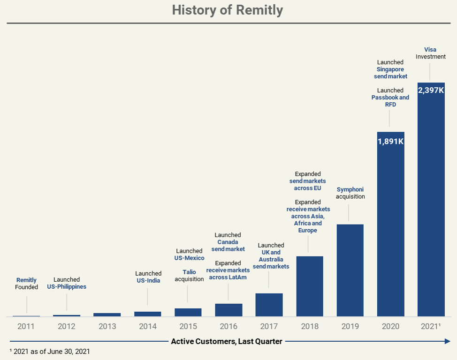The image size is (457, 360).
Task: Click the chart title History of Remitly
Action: click(x=228, y=10)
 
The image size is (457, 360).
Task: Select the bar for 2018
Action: click(x=309, y=286)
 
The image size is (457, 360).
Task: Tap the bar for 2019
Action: click(x=350, y=270)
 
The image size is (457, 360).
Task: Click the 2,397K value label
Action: click(x=431, y=90)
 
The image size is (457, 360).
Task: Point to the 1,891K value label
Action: click(x=390, y=141)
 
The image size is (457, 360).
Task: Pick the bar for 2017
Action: click(x=269, y=305)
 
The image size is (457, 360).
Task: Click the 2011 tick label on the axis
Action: click(x=26, y=326)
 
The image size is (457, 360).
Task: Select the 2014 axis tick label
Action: click(x=147, y=326)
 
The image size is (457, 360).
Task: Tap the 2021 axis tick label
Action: click(x=431, y=326)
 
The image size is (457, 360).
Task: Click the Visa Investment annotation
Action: click(x=430, y=53)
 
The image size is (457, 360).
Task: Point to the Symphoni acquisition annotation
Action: click(x=350, y=193)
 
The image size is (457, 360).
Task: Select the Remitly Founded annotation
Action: click(x=26, y=284)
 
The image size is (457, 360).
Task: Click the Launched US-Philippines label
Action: click(x=67, y=283)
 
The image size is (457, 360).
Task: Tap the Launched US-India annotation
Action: click(x=148, y=277)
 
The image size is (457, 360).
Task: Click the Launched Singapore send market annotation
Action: click(x=390, y=69)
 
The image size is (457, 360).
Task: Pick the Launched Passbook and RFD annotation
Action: click(x=390, y=97)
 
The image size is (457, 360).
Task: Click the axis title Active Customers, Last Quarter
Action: click(x=227, y=341)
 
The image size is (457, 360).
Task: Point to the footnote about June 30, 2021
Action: click(x=50, y=351)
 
